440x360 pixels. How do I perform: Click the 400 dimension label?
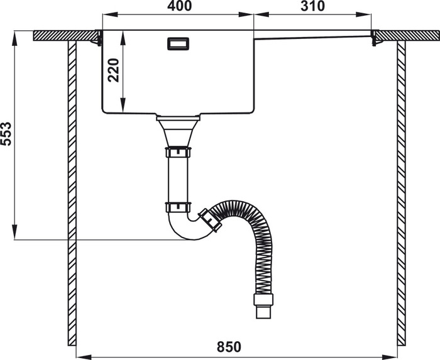coord(180,6)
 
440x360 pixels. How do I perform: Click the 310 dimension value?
coord(312,6)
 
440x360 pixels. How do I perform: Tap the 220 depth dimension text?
coord(114,70)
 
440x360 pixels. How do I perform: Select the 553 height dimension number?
coord(6,134)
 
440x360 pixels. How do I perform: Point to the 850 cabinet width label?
coord(229,347)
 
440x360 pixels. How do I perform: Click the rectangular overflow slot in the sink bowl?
coord(178,44)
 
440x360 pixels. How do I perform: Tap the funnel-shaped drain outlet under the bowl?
coord(178,131)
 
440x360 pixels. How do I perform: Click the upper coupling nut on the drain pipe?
coord(178,152)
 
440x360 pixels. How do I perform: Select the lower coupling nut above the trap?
coord(178,207)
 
